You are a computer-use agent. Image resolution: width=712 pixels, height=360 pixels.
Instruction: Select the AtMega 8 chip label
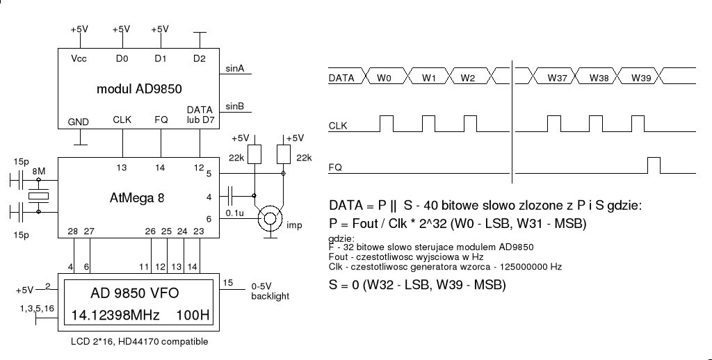pos(137,197)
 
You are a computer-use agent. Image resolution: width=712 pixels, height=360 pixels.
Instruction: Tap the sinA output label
pos(235,68)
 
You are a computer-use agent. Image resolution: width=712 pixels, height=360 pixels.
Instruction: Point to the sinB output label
pos(235,106)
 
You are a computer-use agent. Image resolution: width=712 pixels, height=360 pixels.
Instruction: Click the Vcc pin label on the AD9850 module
pos(79,59)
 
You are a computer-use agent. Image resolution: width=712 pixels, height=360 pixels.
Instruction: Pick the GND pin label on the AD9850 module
pos(79,122)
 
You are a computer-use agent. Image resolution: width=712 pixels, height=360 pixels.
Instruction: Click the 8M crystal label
pos(39,171)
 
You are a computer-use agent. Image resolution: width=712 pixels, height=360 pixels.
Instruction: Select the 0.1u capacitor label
pos(235,213)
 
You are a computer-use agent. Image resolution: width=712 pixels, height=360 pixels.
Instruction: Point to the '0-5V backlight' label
pos(270,291)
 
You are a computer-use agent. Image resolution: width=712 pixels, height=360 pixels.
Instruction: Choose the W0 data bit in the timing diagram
pos(384,79)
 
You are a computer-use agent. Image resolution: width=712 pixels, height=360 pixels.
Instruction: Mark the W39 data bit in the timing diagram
pos(640,79)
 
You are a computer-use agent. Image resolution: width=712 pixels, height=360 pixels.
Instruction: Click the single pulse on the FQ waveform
pos(654,165)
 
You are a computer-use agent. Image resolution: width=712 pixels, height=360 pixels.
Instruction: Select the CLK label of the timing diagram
pos(338,126)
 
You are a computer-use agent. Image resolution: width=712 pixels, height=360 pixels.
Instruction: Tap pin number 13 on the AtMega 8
pos(122,167)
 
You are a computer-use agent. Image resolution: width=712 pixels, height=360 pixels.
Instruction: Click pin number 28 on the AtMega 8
pos(73,231)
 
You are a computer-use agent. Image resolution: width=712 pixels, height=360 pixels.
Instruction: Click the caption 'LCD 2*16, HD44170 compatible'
pos(139,342)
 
